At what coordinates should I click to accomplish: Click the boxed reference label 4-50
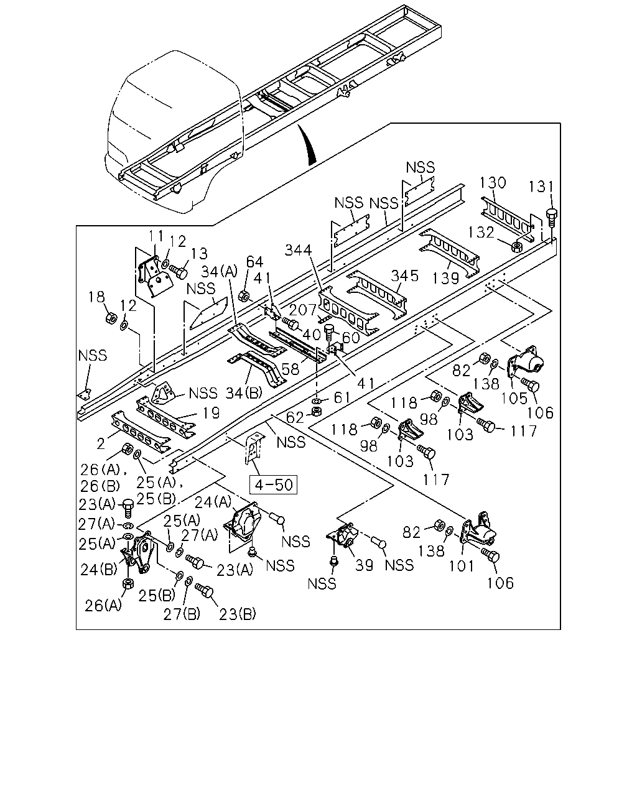pos(274,484)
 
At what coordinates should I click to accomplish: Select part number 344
pos(299,251)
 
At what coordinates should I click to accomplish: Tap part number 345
pos(405,276)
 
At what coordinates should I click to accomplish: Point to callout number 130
pos(493,183)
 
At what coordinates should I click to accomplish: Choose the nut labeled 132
pos(517,246)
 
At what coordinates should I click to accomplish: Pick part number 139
pos(446,278)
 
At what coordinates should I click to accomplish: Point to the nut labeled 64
pos(244,295)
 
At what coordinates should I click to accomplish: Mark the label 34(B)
pos(244,393)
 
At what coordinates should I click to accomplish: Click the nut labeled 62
pos(317,411)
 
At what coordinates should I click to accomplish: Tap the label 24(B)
pos(99,570)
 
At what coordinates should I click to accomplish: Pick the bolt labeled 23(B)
pos(204,590)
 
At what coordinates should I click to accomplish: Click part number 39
pos(364,565)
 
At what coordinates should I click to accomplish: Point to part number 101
pos(461,566)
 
